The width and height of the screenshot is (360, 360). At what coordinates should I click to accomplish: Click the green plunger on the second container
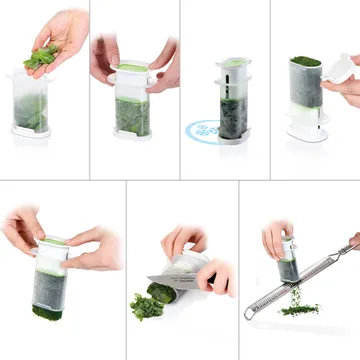[132, 68]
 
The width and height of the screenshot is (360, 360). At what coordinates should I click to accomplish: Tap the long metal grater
[300, 290]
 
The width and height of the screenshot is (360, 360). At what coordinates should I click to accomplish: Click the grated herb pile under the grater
[298, 311]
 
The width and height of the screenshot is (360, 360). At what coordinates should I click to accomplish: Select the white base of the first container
[32, 130]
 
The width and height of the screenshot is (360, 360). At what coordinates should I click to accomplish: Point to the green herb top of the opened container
[304, 62]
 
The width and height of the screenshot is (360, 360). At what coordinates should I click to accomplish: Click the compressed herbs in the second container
[132, 116]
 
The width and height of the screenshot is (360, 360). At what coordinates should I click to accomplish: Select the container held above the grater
[288, 262]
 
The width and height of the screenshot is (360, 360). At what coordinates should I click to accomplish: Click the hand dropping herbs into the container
[60, 30]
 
